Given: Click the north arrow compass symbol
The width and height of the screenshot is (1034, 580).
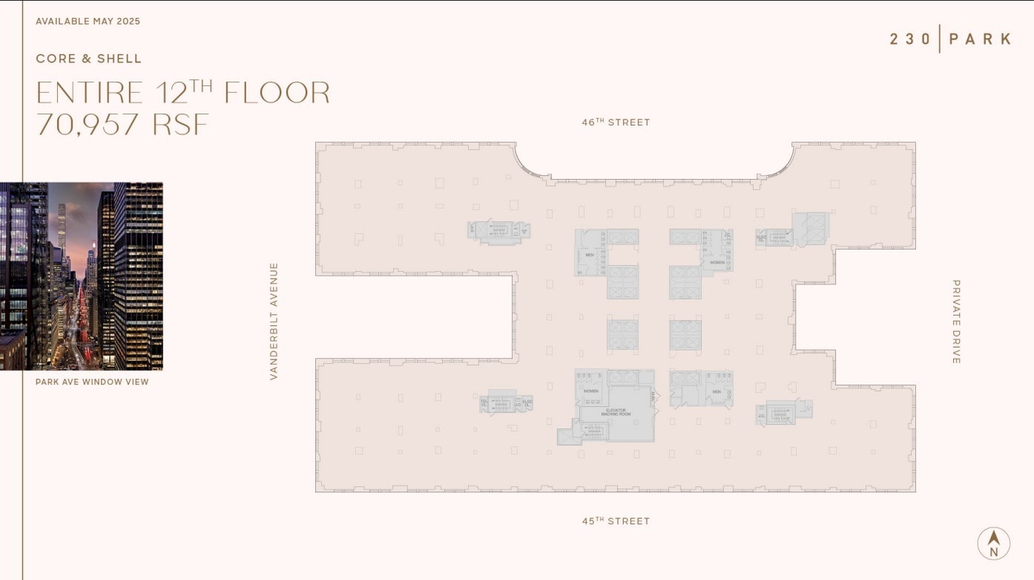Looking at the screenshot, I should point(994,544).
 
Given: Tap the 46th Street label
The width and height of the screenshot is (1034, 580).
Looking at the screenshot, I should point(616,122).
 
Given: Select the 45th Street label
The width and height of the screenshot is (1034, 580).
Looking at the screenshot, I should point(616,521).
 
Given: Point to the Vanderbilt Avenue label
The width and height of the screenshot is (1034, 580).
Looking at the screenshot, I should point(274,322).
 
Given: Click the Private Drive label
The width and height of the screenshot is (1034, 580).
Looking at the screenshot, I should point(956,322).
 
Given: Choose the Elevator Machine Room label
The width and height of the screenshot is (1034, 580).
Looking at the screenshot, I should point(615,412).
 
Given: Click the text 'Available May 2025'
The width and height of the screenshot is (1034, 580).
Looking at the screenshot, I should point(88,22).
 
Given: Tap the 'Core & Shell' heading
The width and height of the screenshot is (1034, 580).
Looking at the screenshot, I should point(88,59).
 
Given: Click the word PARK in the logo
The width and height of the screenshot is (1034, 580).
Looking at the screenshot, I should point(979,39).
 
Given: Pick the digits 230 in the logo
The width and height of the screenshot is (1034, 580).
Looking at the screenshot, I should point(911,39).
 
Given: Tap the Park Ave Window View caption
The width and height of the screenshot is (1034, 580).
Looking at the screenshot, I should point(92,382).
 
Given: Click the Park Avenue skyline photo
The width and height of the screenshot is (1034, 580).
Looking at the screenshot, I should point(82,276).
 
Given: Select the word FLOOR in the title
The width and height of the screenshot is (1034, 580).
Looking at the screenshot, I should point(277,93).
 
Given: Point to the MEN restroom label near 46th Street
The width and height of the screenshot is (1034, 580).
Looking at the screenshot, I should point(590,255).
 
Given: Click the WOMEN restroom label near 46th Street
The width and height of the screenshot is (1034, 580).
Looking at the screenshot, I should point(717,263).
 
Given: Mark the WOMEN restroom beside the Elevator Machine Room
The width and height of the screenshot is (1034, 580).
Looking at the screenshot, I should point(591,391).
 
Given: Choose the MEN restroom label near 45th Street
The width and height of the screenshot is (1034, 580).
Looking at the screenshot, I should point(717,391).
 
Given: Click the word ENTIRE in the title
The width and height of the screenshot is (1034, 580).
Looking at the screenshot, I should point(90,93).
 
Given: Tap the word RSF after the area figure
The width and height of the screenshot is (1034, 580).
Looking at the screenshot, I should point(181,124).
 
